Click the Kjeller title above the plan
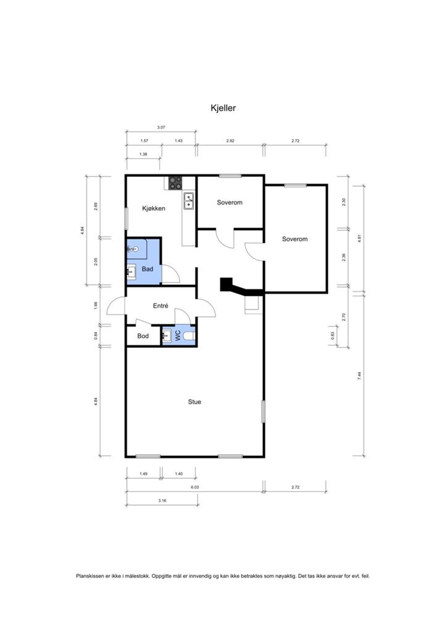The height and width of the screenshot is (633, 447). (x=223, y=108)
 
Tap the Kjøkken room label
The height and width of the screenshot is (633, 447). (x=154, y=208)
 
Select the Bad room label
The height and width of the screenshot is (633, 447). (x=148, y=269)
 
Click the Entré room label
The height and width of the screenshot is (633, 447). (x=161, y=306)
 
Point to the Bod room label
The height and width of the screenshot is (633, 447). (x=143, y=336)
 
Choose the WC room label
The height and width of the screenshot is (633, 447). (x=178, y=336)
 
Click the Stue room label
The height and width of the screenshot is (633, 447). (x=194, y=402)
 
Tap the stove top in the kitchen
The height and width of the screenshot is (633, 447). (x=175, y=183)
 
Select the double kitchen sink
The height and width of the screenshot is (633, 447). (x=189, y=201)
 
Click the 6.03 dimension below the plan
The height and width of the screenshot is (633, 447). (x=194, y=487)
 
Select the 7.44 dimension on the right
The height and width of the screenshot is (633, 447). (x=359, y=376)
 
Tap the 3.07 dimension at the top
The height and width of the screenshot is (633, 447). (x=161, y=127)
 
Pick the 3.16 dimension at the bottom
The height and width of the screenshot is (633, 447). (x=162, y=501)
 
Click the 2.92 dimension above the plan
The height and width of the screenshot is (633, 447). (x=230, y=141)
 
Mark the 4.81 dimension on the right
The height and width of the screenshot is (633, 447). (x=359, y=238)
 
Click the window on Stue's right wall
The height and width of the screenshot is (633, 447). (x=263, y=411)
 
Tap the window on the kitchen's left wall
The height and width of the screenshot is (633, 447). (x=126, y=218)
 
